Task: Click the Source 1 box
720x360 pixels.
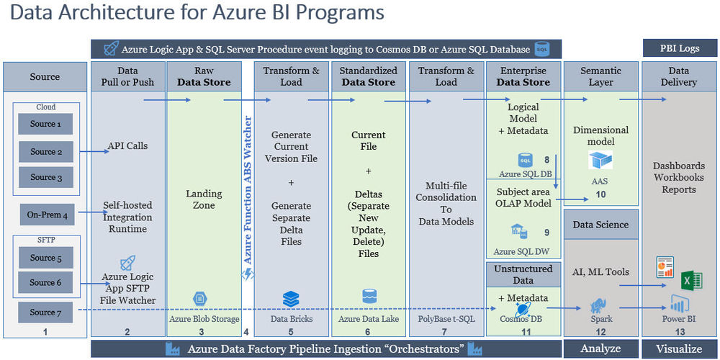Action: pos(45,124)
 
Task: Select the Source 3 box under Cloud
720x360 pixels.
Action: pos(45,177)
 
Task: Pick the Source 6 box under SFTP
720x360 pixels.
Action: pos(45,283)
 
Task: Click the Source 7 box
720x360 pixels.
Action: pos(45,312)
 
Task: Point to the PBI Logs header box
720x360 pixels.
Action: pos(679,49)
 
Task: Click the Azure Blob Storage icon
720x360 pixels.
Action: pos(201,299)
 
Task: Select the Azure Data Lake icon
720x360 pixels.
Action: pos(369,297)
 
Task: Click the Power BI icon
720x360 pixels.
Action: pos(678,303)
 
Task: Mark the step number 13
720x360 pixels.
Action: pos(680,331)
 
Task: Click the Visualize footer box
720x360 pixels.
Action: pos(680,348)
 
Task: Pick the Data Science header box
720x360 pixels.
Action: pos(600,225)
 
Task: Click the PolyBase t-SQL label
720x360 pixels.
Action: pos(446,318)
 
